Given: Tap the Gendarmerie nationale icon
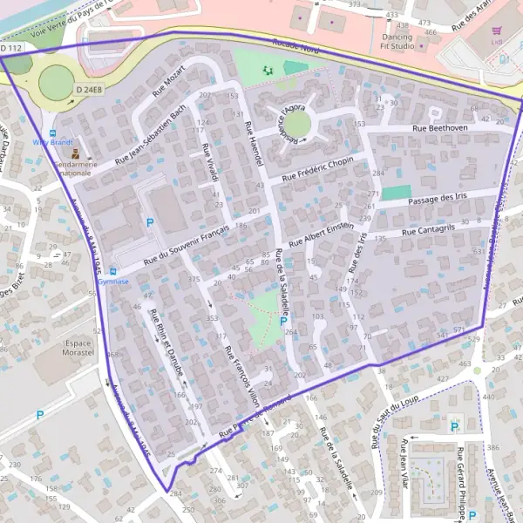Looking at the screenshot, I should pyautogui.click(x=76, y=153).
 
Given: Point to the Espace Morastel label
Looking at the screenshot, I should pyautogui.click(x=84, y=349).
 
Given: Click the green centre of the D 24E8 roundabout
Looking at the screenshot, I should pyautogui.click(x=56, y=83).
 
